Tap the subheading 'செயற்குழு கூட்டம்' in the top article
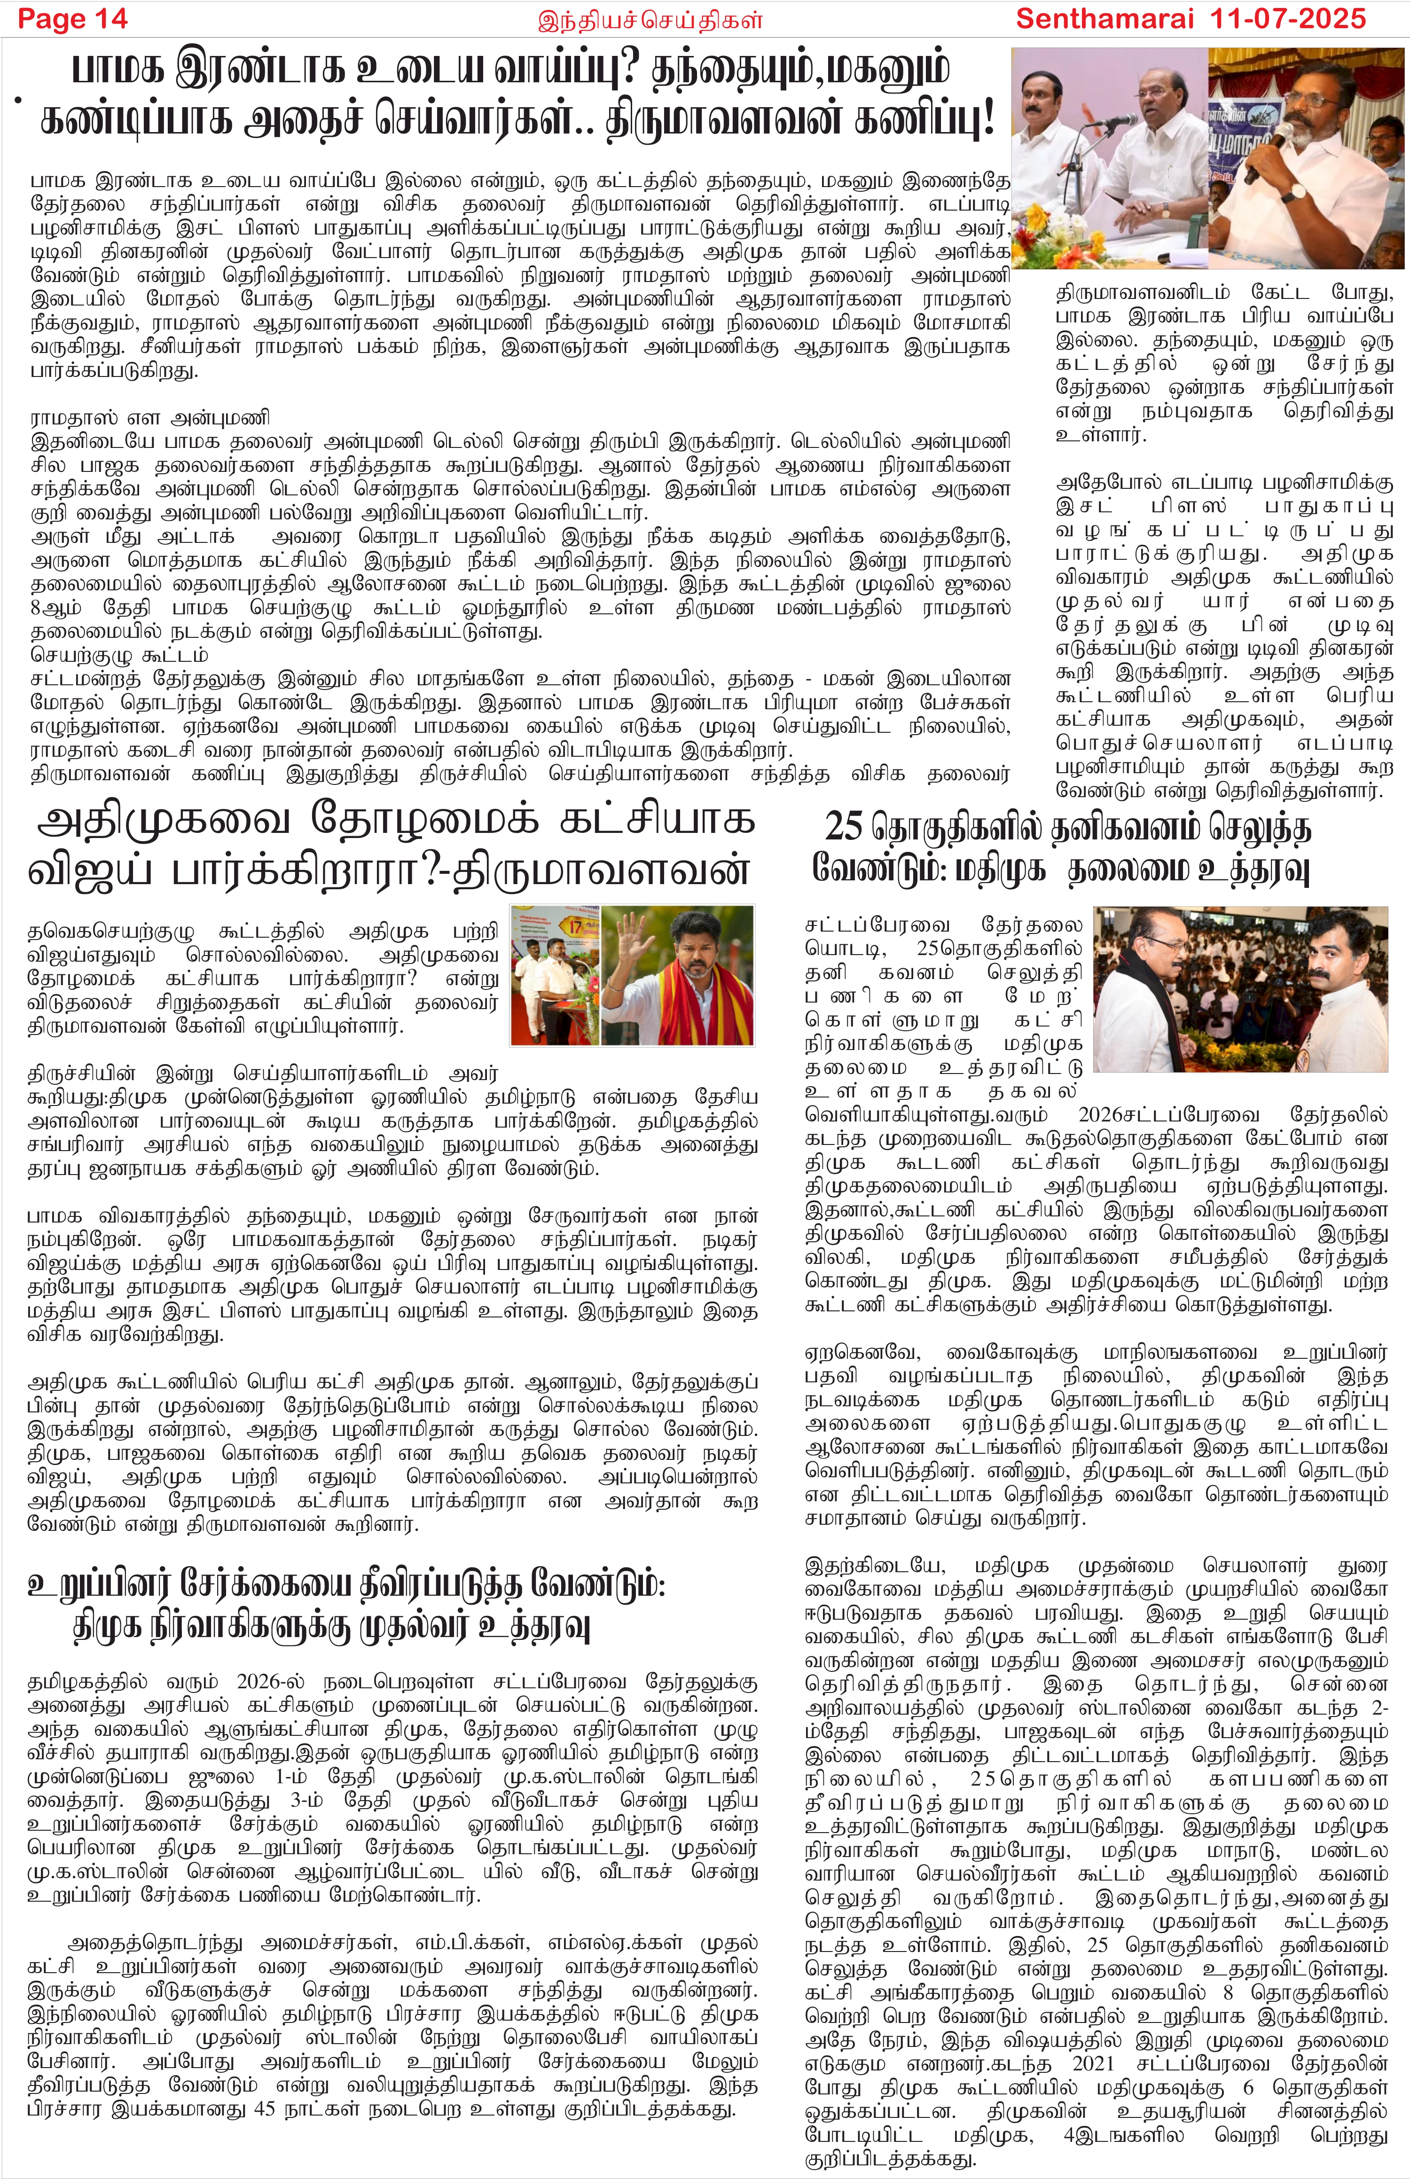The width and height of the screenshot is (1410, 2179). [x=119, y=656]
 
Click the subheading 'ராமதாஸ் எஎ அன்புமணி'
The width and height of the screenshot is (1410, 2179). [x=149, y=418]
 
